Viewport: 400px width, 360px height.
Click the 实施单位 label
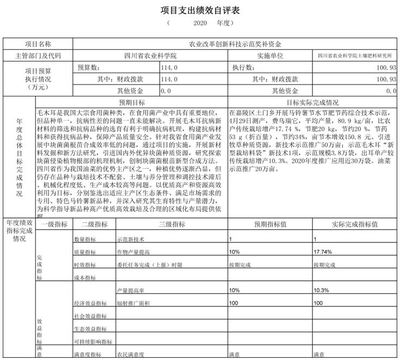[x=257, y=58]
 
